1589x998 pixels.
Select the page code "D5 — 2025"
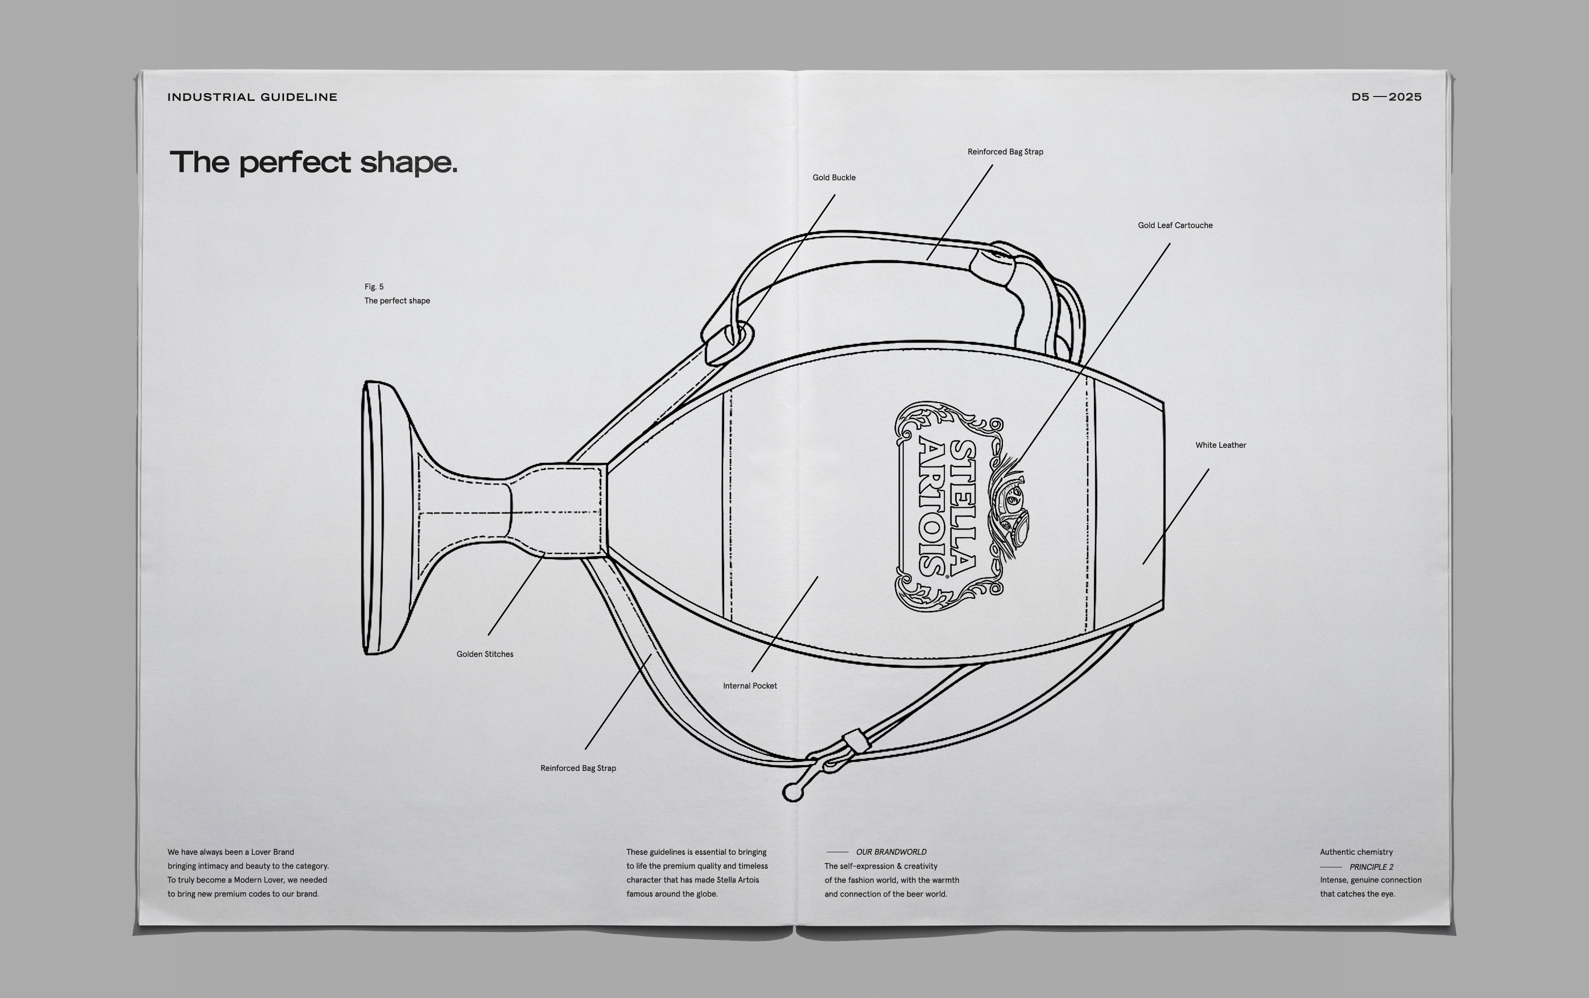1386,97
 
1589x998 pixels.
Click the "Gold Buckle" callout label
834,177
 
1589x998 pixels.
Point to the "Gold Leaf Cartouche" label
1175,226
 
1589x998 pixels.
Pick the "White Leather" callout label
1220,445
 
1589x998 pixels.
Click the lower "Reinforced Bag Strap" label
578,768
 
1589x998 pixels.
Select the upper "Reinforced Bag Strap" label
1004,152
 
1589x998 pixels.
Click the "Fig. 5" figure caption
374,287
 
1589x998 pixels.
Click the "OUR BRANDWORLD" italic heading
890,852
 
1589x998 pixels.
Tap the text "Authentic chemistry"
1356,852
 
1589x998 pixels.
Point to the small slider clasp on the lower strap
854,741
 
